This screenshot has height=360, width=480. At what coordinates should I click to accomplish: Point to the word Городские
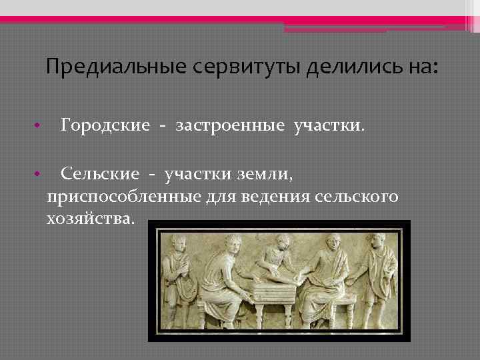(x=105, y=125)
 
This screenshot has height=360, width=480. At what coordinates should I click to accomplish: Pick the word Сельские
(x=100, y=174)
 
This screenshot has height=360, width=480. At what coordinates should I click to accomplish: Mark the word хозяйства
(x=90, y=219)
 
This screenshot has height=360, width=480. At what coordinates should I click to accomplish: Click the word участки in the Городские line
(x=329, y=125)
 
